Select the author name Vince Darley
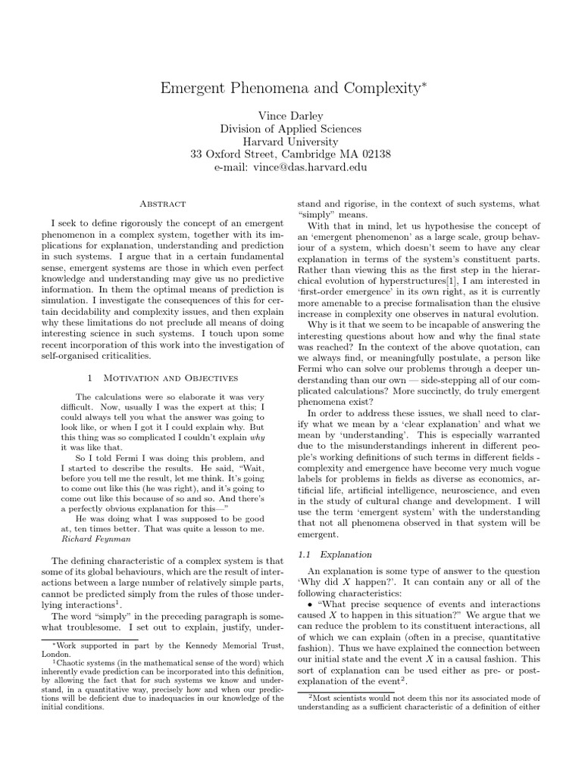(x=290, y=115)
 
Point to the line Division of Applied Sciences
(x=290, y=129)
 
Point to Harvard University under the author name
(x=290, y=142)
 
